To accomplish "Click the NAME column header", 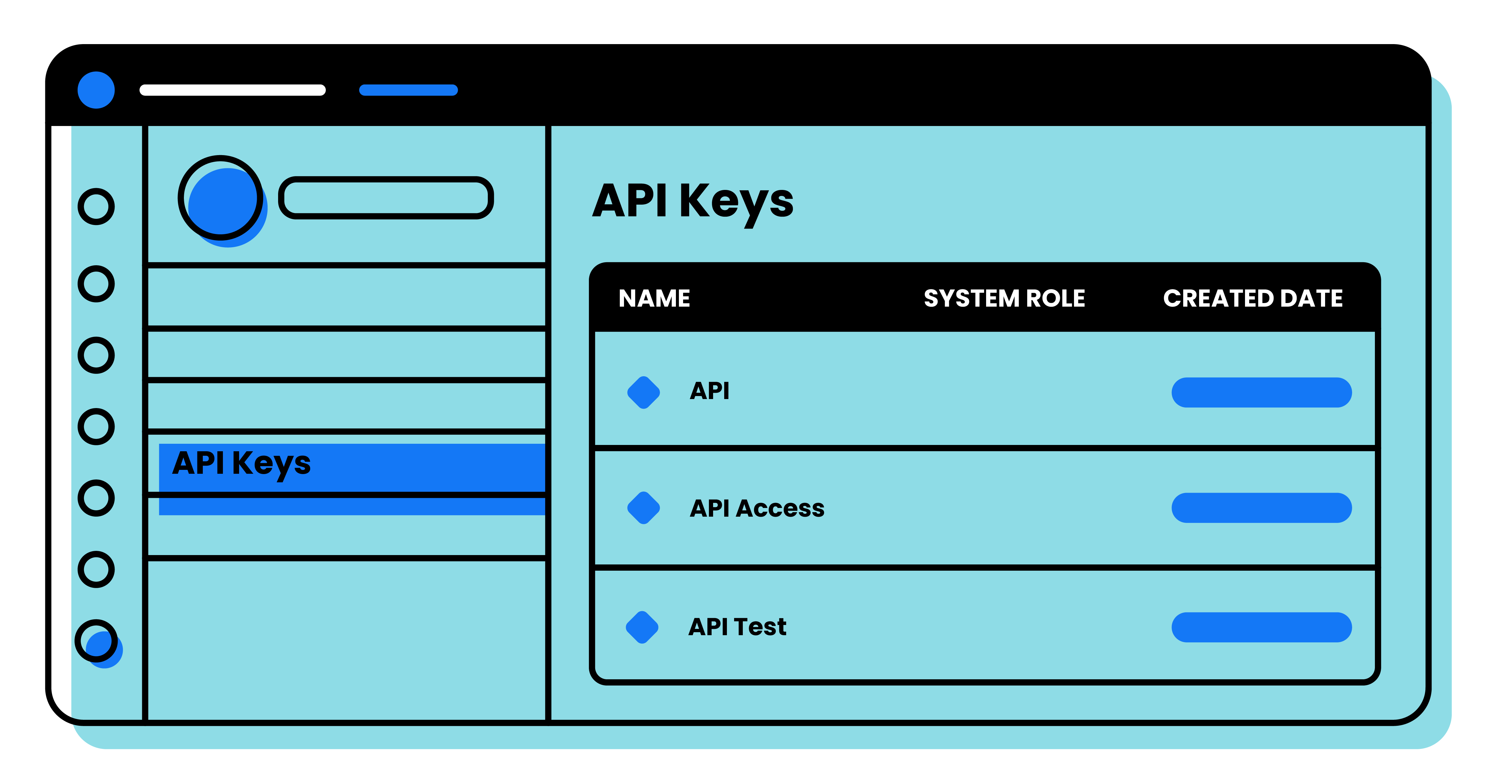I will click(x=654, y=298).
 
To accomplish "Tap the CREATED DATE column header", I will click(x=1252, y=298).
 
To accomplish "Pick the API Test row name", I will click(x=737, y=627).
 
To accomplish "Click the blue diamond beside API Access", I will click(x=643, y=508).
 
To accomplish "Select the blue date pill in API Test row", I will click(x=1261, y=627).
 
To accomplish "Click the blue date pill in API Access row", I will click(x=1261, y=508).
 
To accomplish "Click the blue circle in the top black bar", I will click(x=96, y=90).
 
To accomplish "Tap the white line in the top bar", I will click(x=232, y=90).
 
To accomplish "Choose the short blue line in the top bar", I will click(x=408, y=90).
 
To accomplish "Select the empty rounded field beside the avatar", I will click(x=386, y=198).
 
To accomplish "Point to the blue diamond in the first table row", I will click(x=643, y=392).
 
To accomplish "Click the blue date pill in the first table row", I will click(x=1261, y=392).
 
